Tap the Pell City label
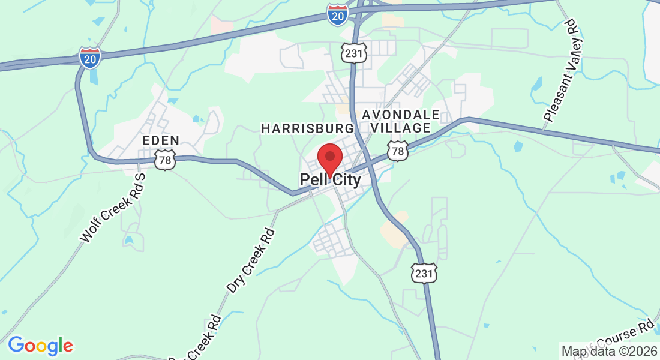330,180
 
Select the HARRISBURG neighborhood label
307,128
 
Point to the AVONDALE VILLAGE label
401,121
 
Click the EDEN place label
161,140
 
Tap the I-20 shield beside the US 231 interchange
338,16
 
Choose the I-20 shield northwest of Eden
90,58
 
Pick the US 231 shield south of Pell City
424,272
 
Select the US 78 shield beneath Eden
164,160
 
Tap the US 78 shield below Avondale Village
397,151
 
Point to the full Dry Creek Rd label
251,260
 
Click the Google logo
40,346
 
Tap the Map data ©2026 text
608,350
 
